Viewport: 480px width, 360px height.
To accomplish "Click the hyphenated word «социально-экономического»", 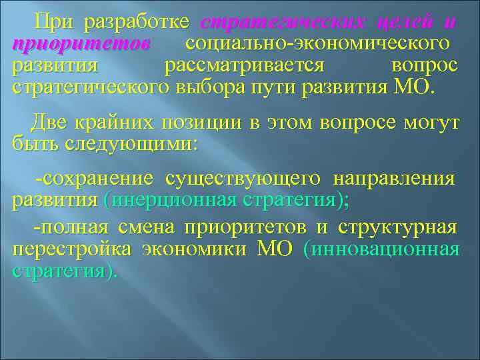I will tap(315, 45).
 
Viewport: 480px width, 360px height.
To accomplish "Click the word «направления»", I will tap(394, 179).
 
